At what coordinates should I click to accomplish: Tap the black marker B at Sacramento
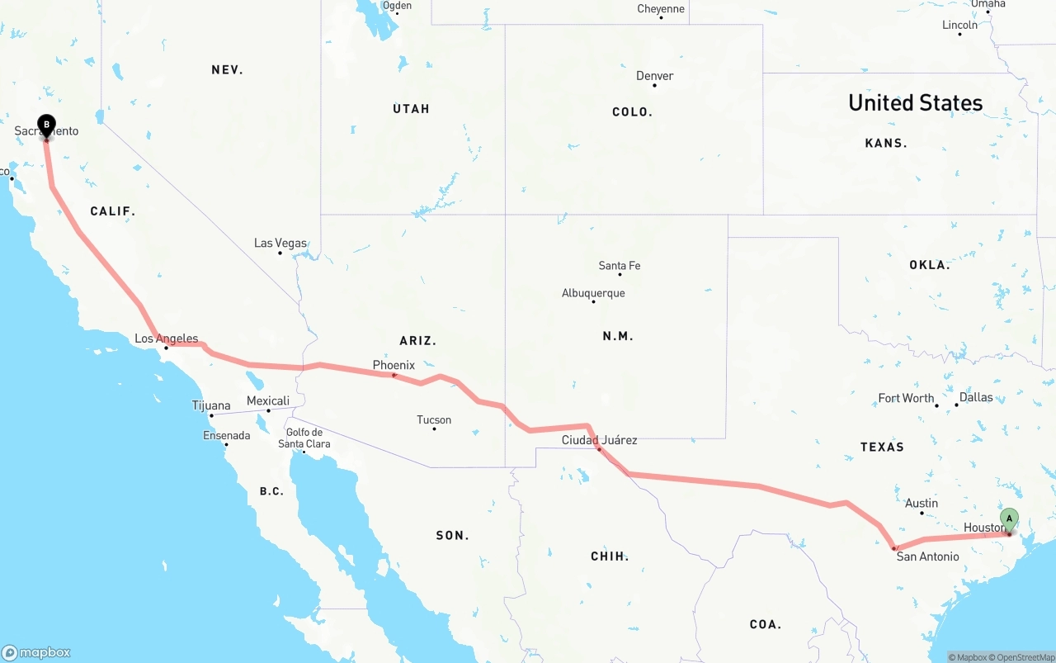coord(47,126)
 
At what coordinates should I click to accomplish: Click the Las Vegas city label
coord(280,244)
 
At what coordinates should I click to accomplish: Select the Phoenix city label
coord(394,365)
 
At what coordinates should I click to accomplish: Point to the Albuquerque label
coord(593,293)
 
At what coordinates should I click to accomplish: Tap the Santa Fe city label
coord(620,266)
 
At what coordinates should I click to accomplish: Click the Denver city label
coord(654,76)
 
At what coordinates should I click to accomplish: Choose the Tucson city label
coord(434,420)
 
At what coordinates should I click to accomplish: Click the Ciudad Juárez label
coord(599,440)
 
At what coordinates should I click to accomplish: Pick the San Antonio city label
coord(927,556)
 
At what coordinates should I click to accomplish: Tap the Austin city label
coord(922,503)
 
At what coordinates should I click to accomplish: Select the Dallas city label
coord(976,397)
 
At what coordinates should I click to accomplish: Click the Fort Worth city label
coord(906,398)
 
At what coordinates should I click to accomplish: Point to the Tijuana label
coord(211,405)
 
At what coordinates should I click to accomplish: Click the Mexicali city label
coord(268,401)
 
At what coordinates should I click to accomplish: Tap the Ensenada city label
coord(226,435)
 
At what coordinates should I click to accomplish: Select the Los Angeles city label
coord(167,339)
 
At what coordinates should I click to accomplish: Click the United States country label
coord(915,102)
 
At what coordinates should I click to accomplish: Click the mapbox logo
coord(36,652)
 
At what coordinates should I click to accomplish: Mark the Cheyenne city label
coord(661,9)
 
